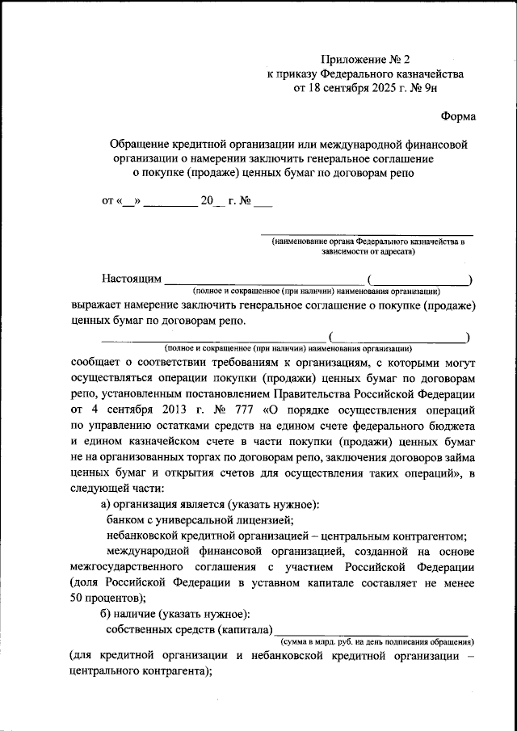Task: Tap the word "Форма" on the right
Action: (x=458, y=116)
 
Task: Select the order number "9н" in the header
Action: (x=433, y=88)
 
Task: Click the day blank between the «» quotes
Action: (x=129, y=201)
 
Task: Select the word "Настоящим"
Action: (x=132, y=279)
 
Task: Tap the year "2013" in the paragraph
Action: (x=158, y=409)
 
